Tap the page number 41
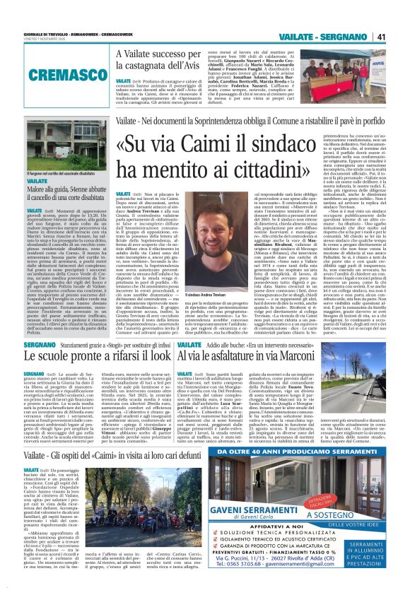[x=399, y=36]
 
